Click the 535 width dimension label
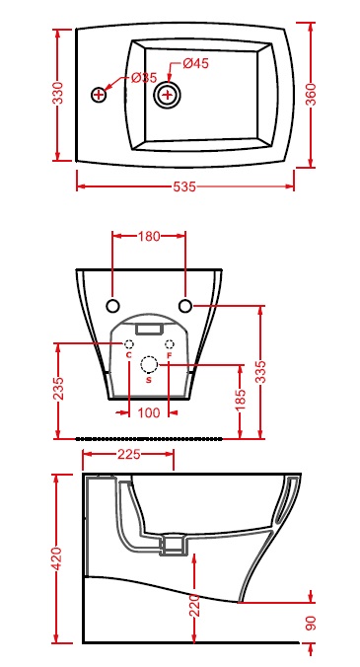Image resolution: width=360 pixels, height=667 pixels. (x=184, y=186)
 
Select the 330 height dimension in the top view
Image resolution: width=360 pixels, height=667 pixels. (x=57, y=93)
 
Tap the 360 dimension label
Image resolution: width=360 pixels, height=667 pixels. (x=311, y=95)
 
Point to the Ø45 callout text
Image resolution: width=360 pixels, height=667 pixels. (x=196, y=64)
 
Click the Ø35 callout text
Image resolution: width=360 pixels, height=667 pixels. (x=144, y=78)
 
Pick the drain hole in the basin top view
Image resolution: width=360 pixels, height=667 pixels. (x=168, y=95)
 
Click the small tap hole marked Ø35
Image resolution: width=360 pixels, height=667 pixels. (x=99, y=94)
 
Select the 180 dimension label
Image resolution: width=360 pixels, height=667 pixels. (x=148, y=237)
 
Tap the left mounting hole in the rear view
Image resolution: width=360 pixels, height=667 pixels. (x=112, y=306)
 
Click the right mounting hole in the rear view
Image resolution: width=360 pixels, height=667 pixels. (x=185, y=306)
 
